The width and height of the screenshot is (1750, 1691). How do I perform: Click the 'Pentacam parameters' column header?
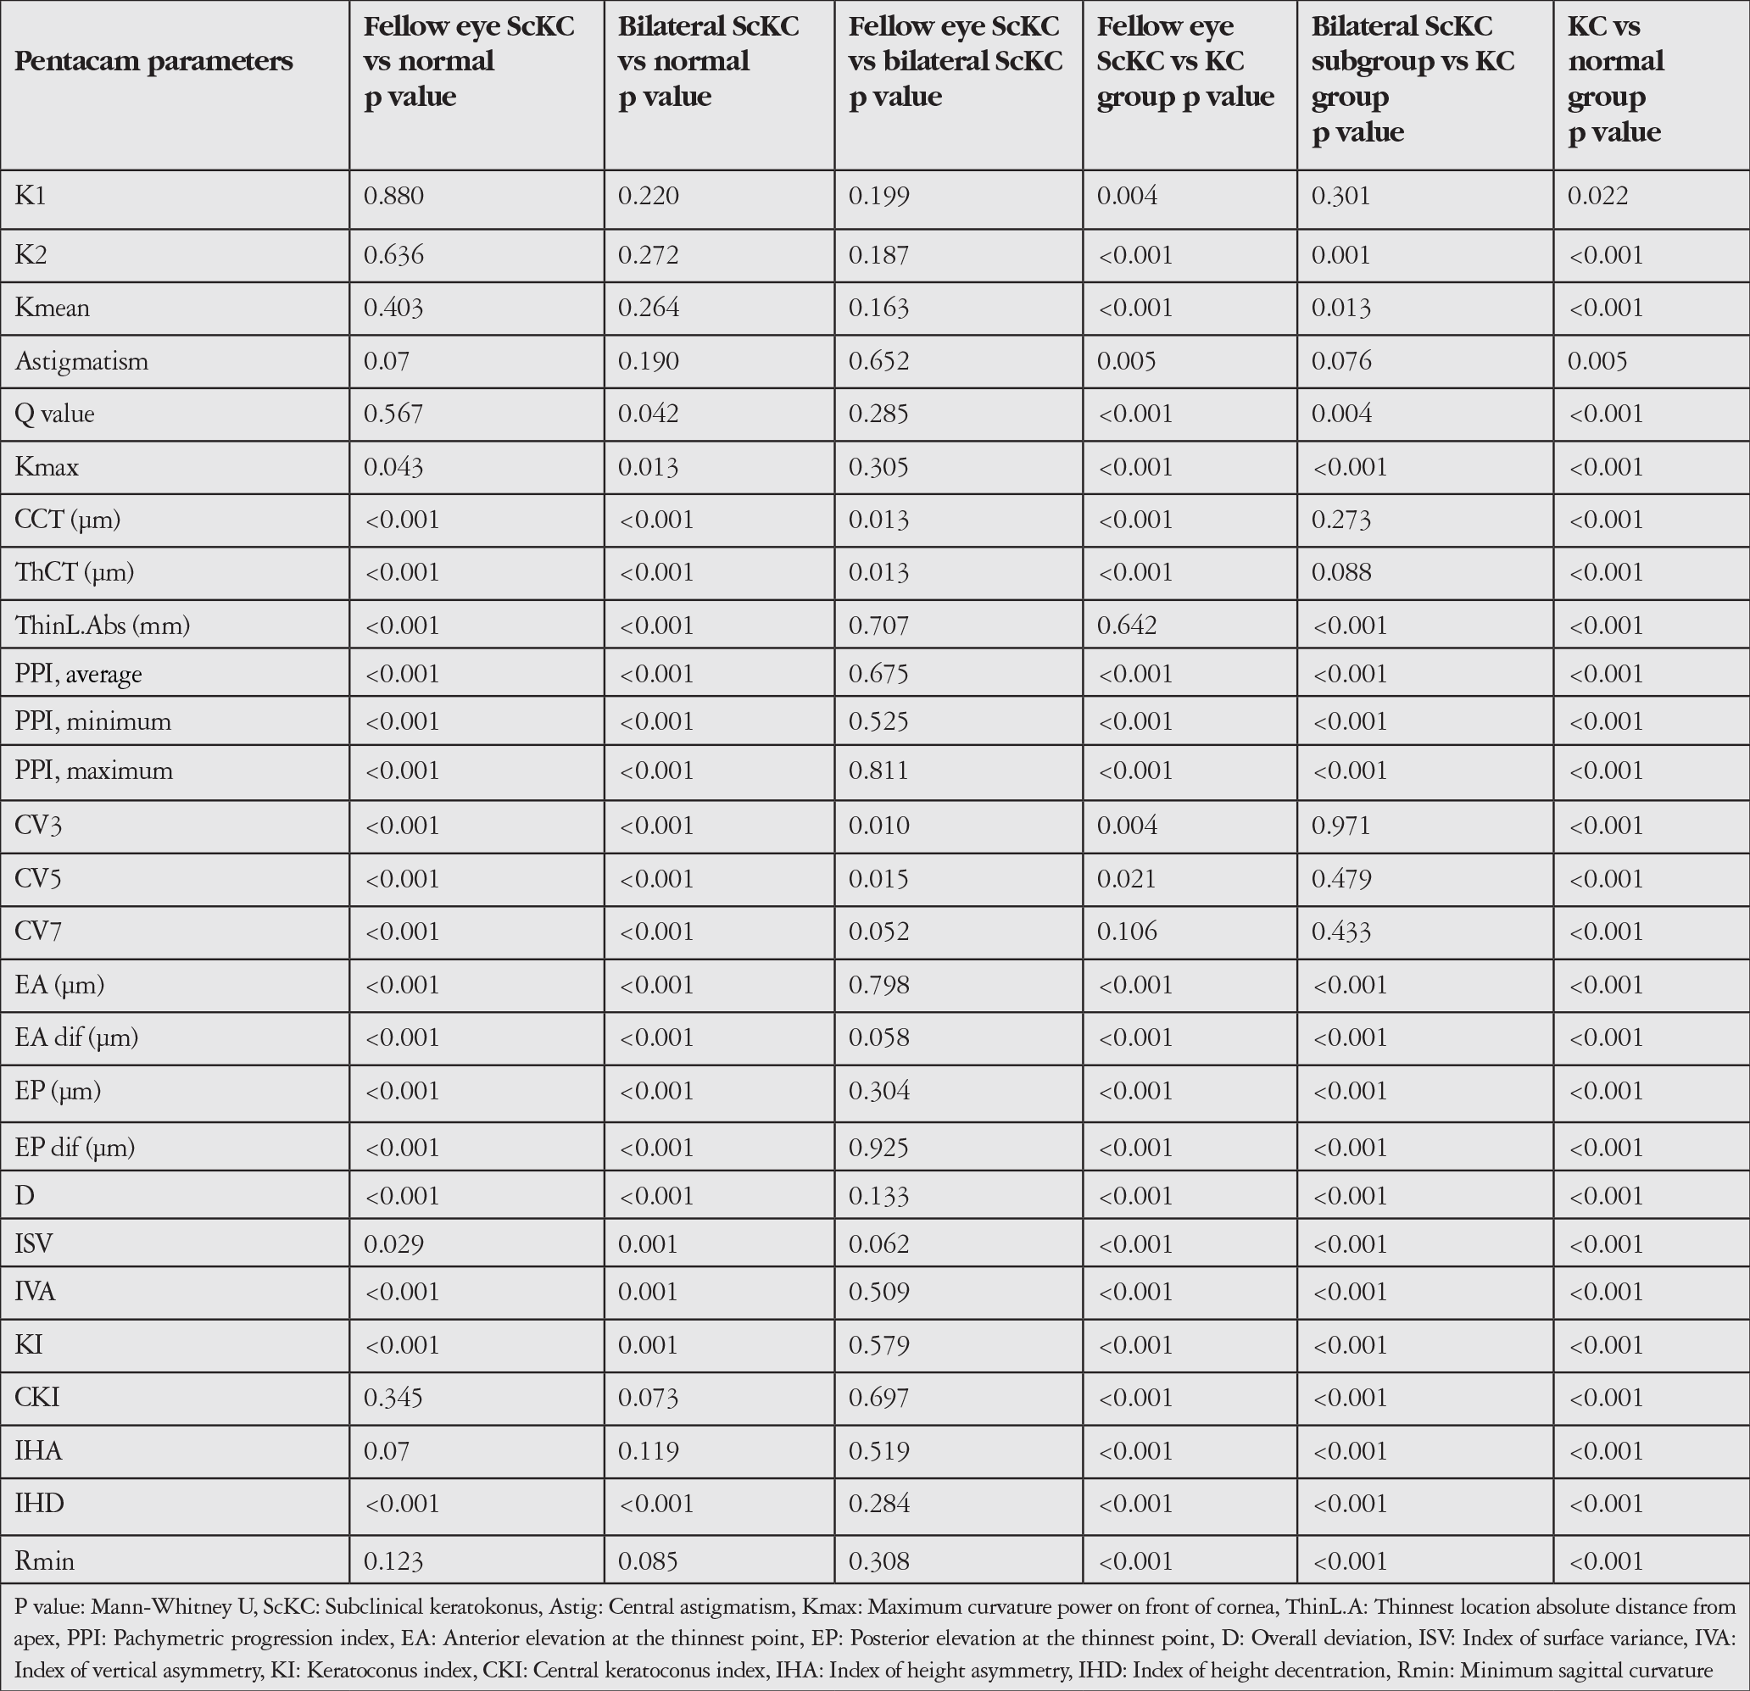coord(153,62)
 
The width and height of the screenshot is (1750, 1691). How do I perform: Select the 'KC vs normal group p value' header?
coord(1616,79)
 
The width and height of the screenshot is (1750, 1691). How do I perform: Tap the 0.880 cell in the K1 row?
coord(393,196)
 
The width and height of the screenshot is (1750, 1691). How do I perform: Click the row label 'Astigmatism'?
coord(81,362)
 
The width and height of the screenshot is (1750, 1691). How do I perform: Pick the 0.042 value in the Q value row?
coord(649,414)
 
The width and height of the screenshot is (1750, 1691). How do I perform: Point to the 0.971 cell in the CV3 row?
coord(1341,826)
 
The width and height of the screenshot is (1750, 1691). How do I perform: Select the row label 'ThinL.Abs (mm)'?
coord(103,626)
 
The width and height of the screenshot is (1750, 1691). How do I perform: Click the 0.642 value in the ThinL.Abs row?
coord(1127,625)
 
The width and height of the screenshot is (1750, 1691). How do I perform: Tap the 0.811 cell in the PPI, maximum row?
coord(878,770)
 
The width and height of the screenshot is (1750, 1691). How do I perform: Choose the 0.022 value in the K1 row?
coord(1598,196)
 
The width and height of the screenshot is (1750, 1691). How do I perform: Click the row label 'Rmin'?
coord(45,1561)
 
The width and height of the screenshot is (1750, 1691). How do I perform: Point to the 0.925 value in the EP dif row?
coord(878,1148)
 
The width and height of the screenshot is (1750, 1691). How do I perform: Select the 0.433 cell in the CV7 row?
coord(1341,932)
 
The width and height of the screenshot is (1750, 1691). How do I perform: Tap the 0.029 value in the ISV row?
coord(393,1243)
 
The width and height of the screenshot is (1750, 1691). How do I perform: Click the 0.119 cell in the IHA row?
coord(649,1451)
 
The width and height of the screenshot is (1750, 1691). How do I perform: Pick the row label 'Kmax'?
coord(47,467)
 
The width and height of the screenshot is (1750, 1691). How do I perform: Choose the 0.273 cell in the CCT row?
coord(1341,520)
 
